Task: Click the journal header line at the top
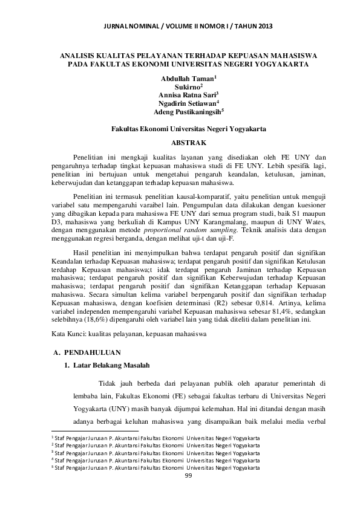coord(180,26)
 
